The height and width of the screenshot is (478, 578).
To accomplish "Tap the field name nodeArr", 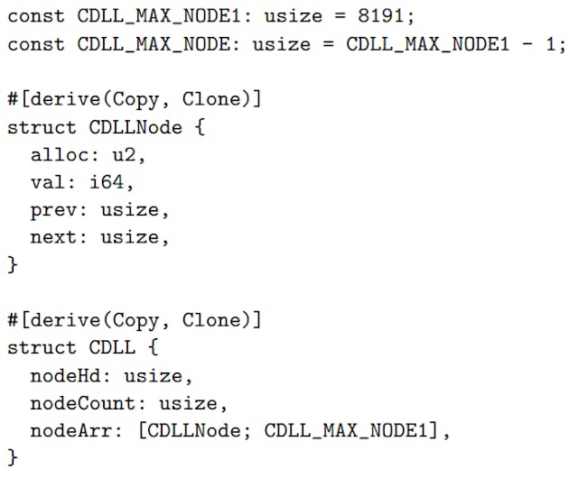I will (71, 430).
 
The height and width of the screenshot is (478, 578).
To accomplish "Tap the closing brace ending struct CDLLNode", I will (13, 265).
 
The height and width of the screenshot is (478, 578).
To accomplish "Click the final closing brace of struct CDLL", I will (13, 457).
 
